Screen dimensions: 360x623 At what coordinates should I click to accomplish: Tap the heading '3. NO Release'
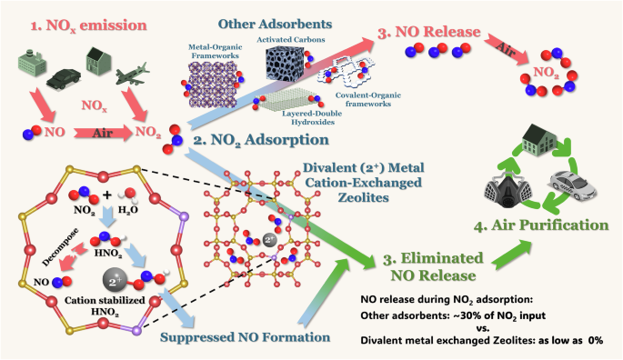tap(440, 36)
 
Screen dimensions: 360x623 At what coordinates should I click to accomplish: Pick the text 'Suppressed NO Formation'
tap(245, 336)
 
